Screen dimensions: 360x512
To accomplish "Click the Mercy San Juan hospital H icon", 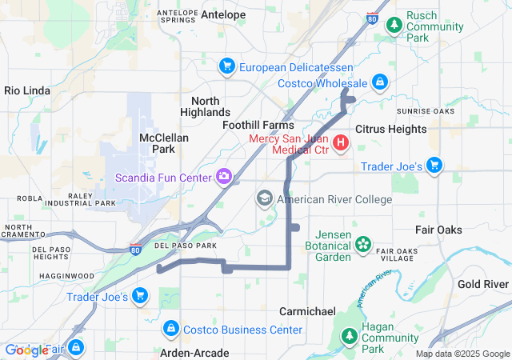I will pos(341,143).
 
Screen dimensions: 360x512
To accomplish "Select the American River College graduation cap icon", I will pos(265,198).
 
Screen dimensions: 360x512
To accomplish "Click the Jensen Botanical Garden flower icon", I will pos(363,243).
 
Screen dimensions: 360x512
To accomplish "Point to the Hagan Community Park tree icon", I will pos(349,337).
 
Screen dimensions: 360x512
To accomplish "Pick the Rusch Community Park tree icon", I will pos(394,26).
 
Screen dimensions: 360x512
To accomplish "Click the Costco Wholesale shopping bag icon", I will pos(380,82).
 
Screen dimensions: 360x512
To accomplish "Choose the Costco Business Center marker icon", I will pos(170,329).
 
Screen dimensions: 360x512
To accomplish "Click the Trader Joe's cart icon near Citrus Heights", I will pos(434,166).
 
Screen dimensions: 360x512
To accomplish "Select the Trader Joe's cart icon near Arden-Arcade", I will pos(140,296).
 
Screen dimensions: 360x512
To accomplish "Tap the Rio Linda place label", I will pos(28,90).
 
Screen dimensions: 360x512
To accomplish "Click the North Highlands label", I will pos(211,106).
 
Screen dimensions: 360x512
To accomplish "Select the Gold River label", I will pos(483,284).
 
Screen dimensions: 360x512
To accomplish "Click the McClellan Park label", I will pos(163,143).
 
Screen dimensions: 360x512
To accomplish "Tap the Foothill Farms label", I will pos(258,126).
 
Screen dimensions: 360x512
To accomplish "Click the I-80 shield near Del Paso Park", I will pos(136,250).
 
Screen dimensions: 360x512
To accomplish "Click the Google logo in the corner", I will pos(26,350).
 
